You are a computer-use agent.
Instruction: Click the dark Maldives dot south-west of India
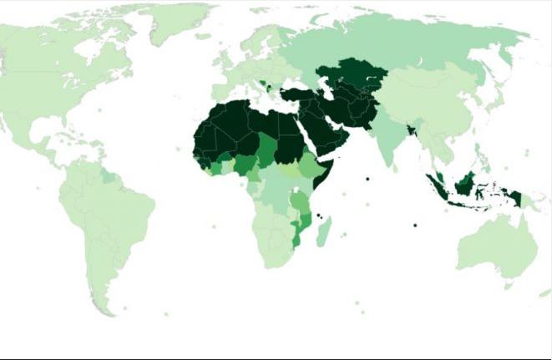pos(366,179)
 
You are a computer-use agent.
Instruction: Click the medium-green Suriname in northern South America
pos(107,177)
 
